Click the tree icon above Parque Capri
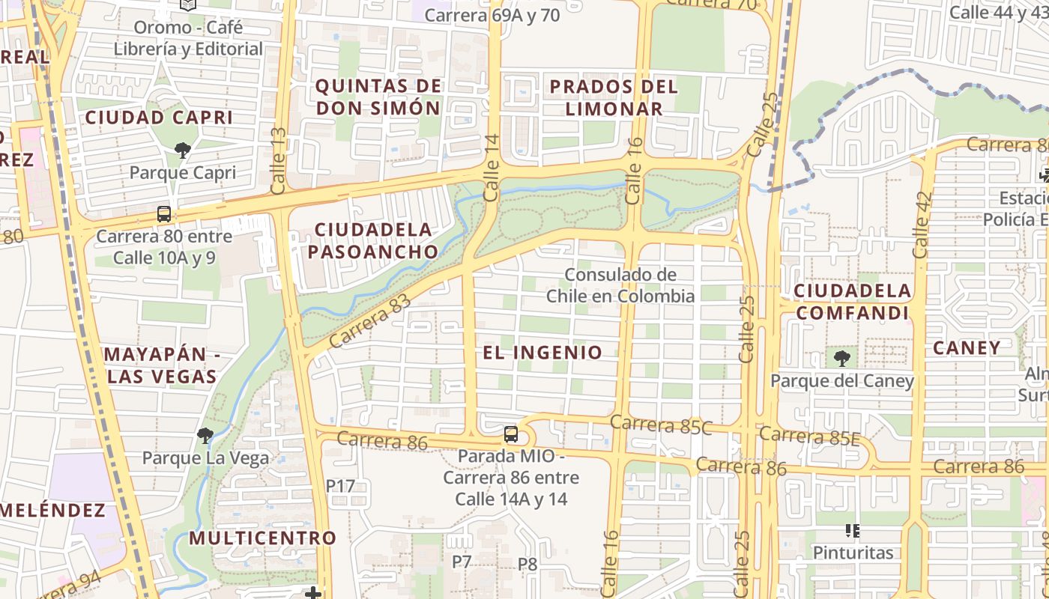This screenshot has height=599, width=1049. point(182,150)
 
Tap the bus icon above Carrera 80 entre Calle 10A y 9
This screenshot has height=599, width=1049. point(164,214)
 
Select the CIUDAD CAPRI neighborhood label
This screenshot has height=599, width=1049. point(159,118)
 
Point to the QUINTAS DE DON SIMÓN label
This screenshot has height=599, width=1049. point(378,97)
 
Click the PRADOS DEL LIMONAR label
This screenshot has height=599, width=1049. point(614,97)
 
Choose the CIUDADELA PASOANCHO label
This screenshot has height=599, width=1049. point(372,240)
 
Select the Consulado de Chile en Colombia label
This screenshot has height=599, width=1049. point(620,285)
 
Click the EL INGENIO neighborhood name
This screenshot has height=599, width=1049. point(542,353)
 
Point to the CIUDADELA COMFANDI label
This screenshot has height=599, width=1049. point(853,302)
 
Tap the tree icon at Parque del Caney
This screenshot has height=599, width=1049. point(842,359)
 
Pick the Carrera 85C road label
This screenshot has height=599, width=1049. point(661,425)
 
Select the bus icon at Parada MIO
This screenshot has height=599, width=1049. point(511,434)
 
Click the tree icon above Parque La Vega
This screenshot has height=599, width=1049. point(205,435)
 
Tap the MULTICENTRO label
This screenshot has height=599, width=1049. point(262,538)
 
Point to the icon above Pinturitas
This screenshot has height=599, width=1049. point(852,531)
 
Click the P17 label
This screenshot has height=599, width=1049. point(340,485)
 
